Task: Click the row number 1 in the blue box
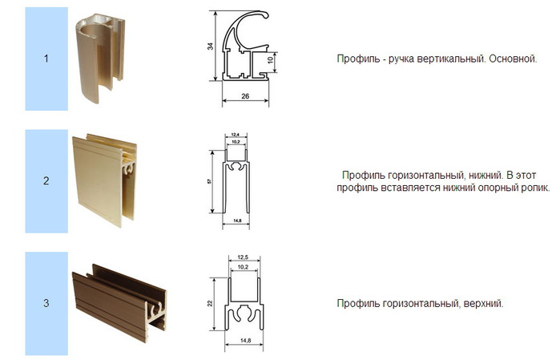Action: coord(46,59)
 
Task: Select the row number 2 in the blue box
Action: coord(46,181)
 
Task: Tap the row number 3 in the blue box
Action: coord(46,303)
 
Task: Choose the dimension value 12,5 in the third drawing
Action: coord(245,258)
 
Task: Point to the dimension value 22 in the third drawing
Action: coord(211,302)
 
